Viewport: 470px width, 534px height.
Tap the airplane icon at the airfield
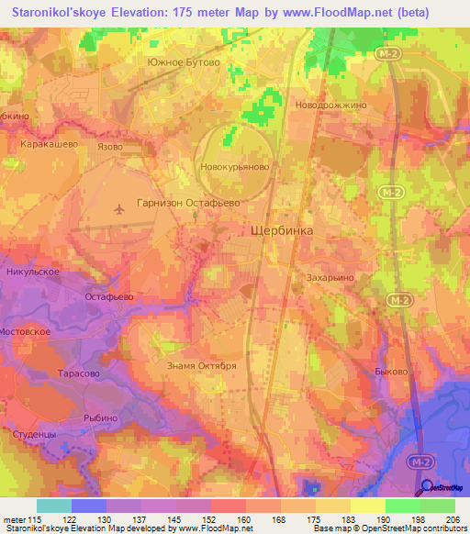[118, 209]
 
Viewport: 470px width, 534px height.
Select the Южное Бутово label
[183, 61]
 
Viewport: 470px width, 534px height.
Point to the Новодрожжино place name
[330, 105]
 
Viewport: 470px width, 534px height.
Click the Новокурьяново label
[234, 168]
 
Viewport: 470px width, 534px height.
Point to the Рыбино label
[100, 417]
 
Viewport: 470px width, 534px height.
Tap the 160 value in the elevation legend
[244, 519]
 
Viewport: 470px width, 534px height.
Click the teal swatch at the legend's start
[54, 506]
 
